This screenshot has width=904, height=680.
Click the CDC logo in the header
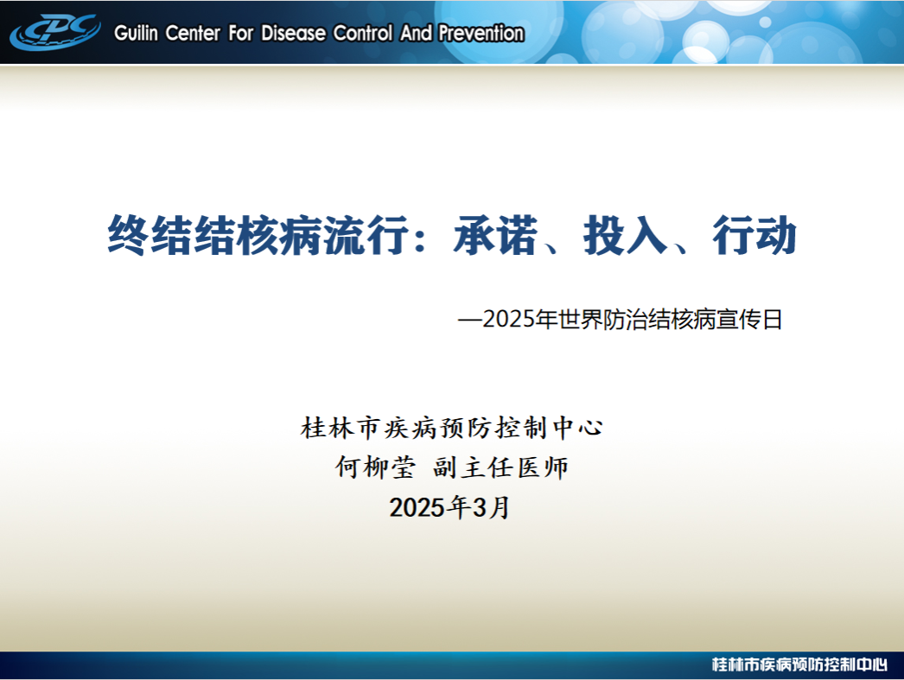click(55, 32)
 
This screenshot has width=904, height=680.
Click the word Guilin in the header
click(136, 33)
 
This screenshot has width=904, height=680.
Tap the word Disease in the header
click(294, 33)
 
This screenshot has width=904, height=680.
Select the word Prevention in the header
click(481, 33)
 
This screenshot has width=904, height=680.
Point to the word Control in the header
click(365, 33)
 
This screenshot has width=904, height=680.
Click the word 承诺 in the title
click(495, 235)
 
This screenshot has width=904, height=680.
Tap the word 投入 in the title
click(625, 235)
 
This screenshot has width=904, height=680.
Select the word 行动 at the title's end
click(754, 235)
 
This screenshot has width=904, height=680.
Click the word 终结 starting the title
click(150, 235)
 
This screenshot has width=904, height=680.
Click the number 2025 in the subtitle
click(508, 319)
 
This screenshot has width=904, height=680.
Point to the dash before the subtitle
click(470, 320)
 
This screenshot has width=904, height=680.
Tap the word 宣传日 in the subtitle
click(749, 319)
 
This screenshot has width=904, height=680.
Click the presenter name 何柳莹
click(375, 467)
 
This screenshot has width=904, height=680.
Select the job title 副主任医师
click(501, 467)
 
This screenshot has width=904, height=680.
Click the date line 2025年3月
click(449, 507)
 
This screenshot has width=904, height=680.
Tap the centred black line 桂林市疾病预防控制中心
click(451, 428)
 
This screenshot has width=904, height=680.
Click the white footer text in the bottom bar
click(799, 664)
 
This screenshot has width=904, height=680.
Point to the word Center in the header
click(193, 33)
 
